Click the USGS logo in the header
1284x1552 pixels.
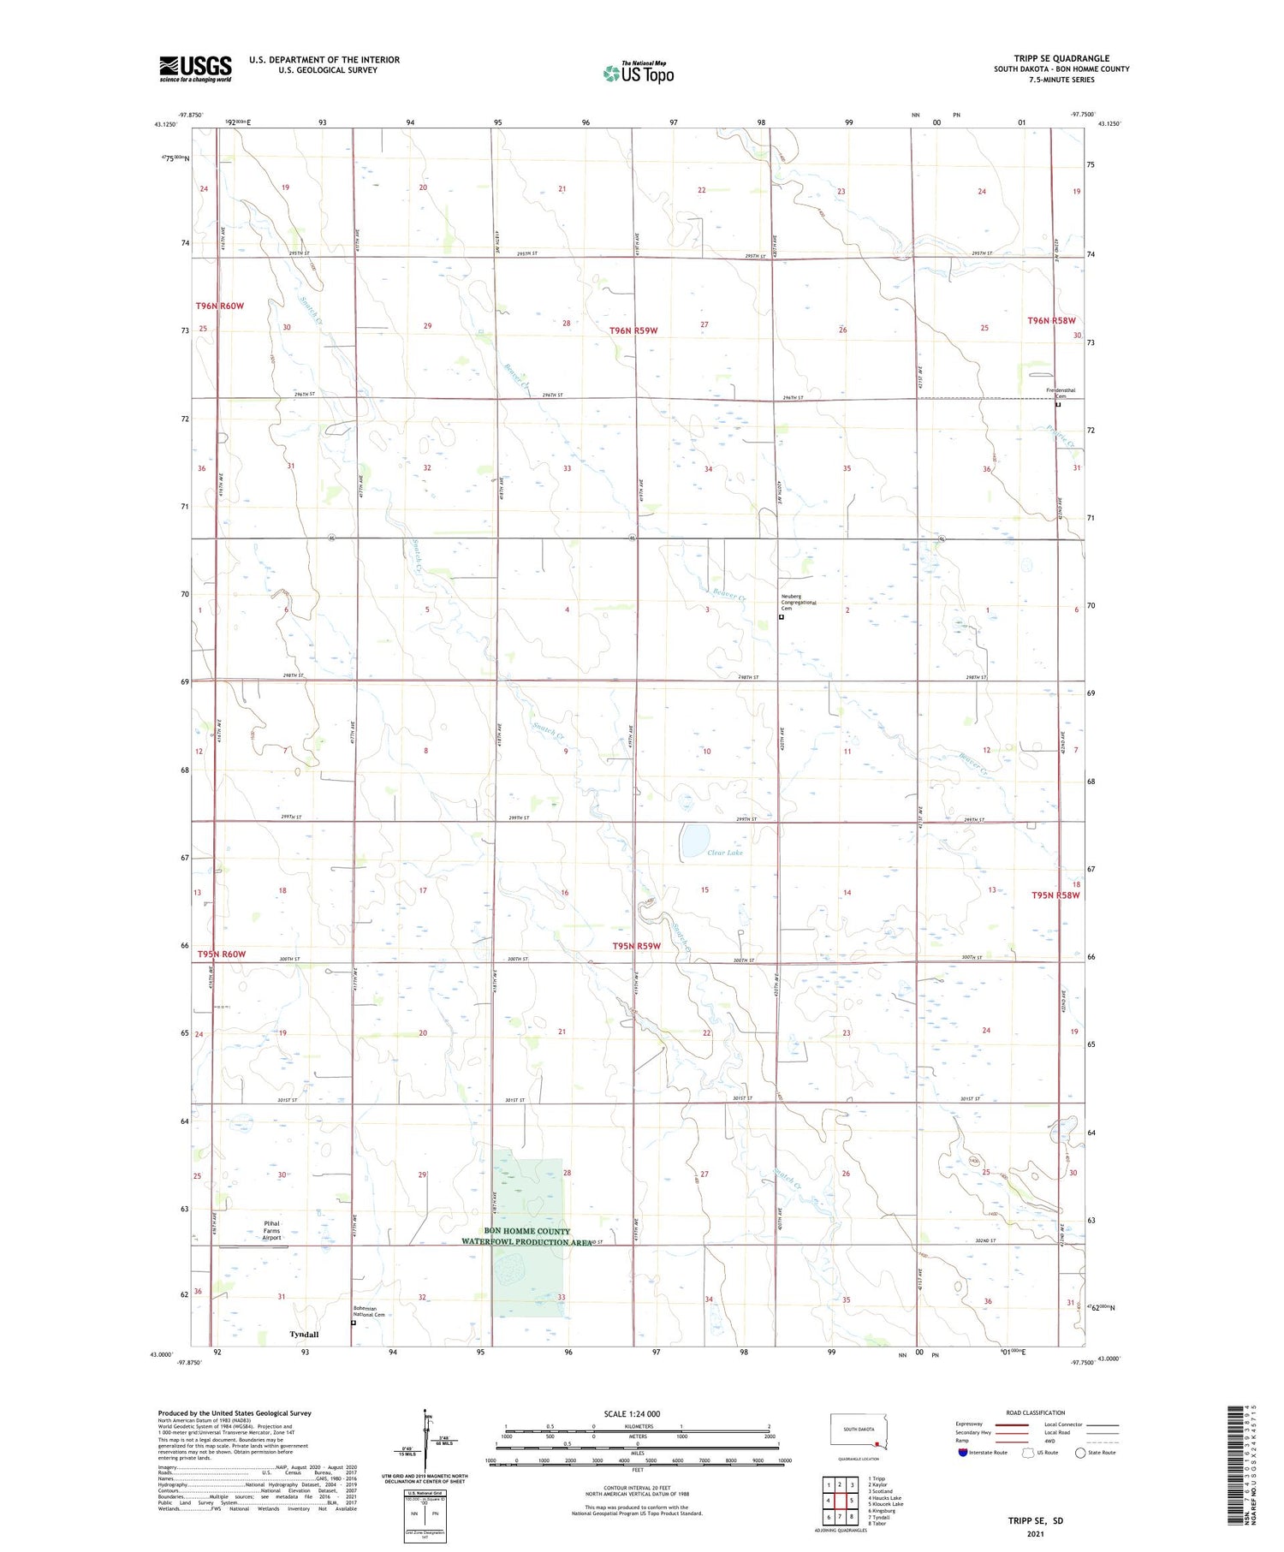(195, 68)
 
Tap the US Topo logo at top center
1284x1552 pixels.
(639, 73)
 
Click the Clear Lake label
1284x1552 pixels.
(725, 853)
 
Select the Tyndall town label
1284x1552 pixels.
(304, 1335)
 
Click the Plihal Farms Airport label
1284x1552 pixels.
(271, 1230)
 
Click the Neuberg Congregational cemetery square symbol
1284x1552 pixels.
(782, 616)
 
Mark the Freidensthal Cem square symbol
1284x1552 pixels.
(1058, 405)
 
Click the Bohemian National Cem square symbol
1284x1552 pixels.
(354, 1322)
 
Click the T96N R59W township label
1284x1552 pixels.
(633, 330)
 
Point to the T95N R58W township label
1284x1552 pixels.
(1055, 895)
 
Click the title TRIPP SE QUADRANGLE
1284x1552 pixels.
(1061, 58)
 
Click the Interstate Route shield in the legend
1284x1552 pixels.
(963, 1452)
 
